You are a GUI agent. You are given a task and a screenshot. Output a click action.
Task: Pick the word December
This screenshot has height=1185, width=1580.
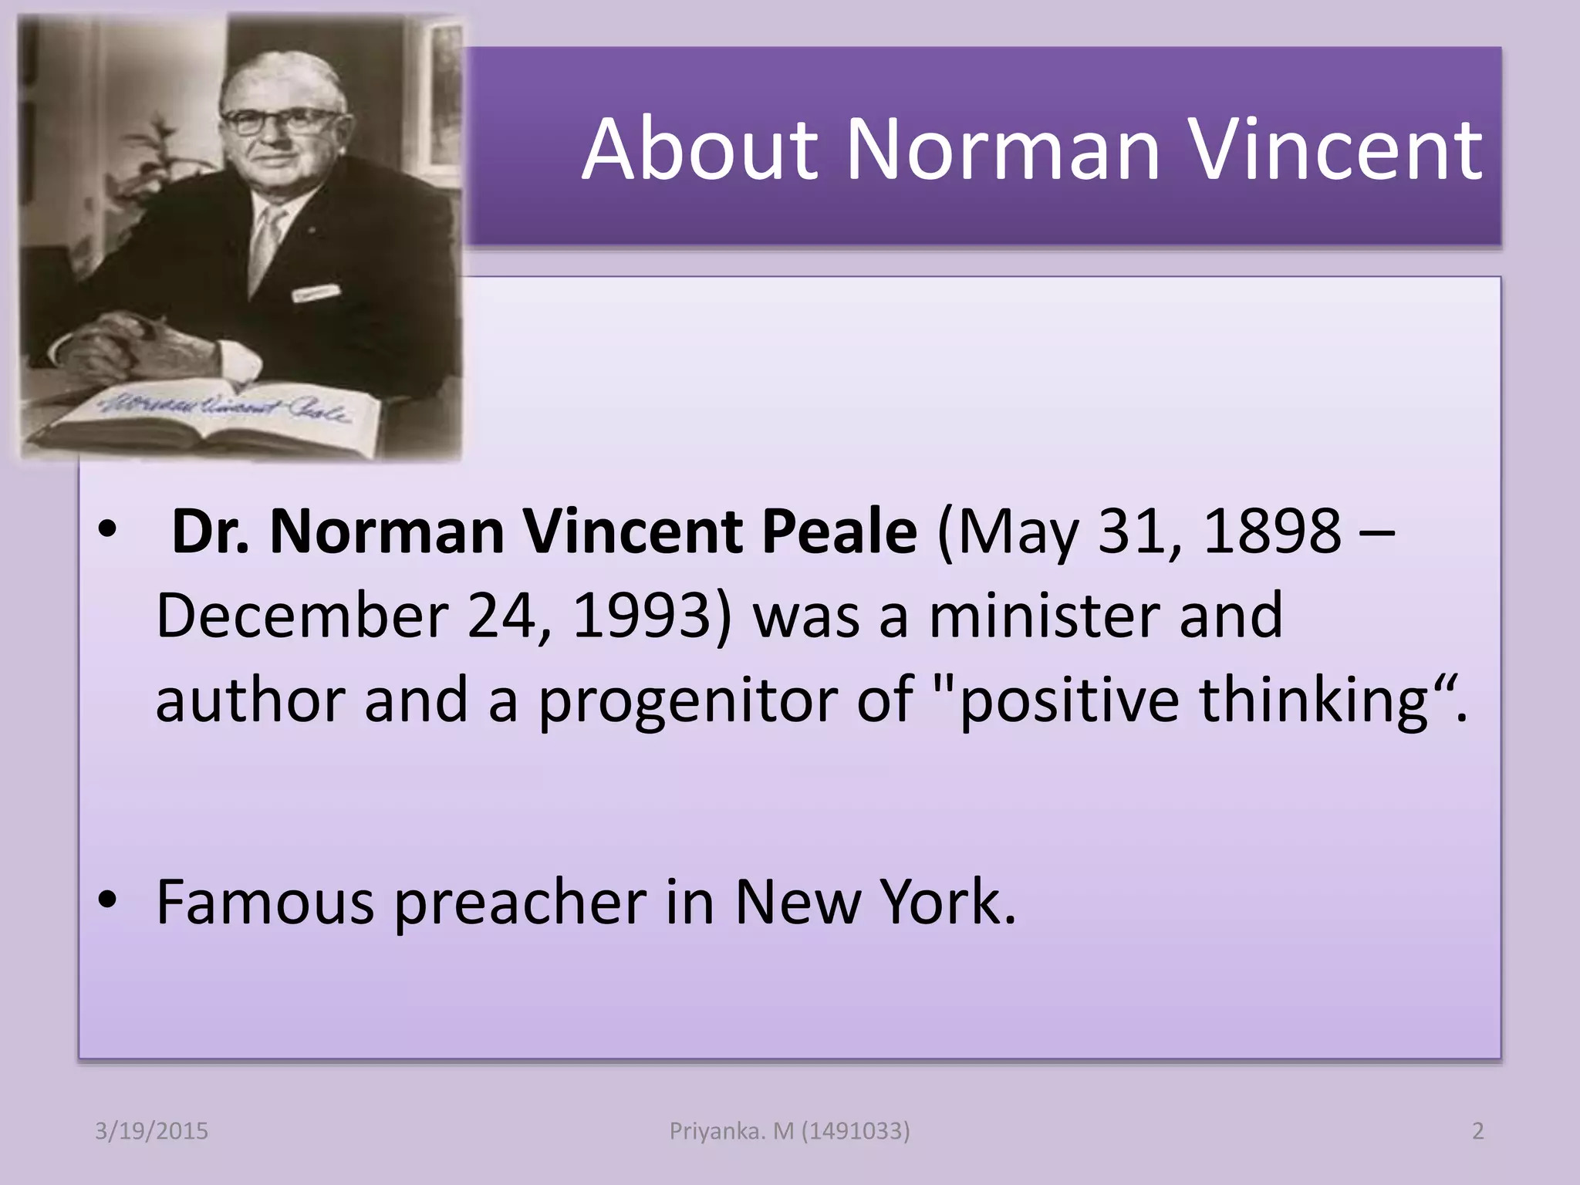click(302, 616)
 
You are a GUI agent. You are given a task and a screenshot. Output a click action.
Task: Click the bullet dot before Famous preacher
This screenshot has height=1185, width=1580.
click(107, 900)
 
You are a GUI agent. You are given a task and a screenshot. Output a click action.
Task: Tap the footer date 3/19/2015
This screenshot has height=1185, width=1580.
click(151, 1131)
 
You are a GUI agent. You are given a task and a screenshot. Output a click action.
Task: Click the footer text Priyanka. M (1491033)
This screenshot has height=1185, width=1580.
click(789, 1131)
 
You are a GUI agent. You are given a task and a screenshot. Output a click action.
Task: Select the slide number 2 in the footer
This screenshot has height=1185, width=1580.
click(1477, 1131)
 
